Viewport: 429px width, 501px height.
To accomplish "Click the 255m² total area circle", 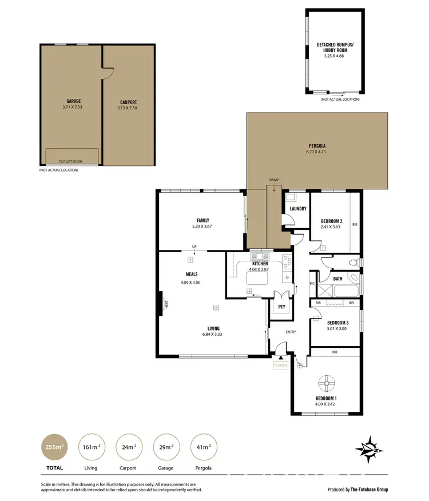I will tap(53, 447).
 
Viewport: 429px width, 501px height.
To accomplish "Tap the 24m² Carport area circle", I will tap(128, 447).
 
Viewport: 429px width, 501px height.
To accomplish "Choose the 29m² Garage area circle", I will tap(166, 447).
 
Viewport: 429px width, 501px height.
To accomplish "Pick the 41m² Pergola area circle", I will tap(204, 447).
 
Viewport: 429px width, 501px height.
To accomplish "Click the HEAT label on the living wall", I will tap(167, 305).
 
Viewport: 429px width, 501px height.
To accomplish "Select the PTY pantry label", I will tap(281, 307).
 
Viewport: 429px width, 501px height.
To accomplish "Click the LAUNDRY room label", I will tap(298, 209).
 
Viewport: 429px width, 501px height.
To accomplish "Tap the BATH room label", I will tap(338, 279).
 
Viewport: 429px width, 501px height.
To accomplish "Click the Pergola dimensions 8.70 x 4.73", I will tap(316, 153).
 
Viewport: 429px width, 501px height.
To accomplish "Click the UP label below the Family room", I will tap(194, 247).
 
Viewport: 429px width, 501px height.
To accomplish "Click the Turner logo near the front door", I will tap(281, 365).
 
